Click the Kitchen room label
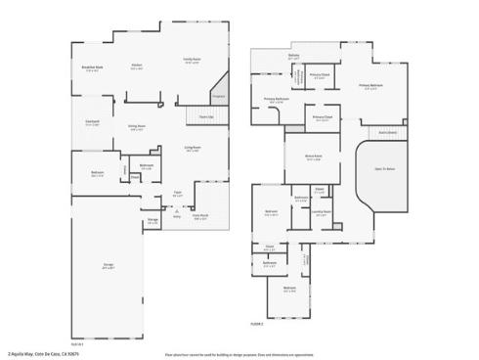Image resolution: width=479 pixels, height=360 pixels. (x=138, y=67)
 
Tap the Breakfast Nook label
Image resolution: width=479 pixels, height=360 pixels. (x=93, y=69)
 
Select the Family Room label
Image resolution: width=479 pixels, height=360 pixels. (x=193, y=61)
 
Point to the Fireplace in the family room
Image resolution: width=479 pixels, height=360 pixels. (x=218, y=96)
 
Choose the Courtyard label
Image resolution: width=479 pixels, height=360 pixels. (x=92, y=122)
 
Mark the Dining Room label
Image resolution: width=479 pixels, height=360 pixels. (x=138, y=128)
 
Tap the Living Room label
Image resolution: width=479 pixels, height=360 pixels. (x=193, y=149)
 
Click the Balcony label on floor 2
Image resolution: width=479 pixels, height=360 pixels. (x=293, y=56)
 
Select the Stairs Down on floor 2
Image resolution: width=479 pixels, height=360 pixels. (x=387, y=132)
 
